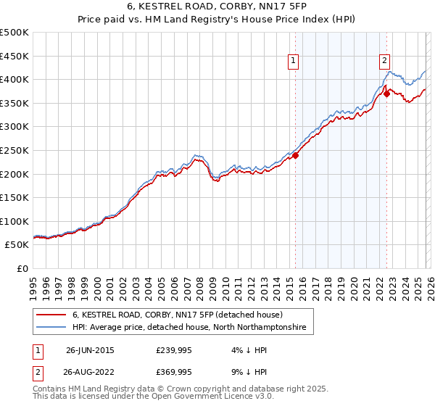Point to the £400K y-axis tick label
point(14,79)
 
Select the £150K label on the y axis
point(14,197)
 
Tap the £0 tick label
point(22,268)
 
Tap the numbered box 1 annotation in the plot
point(294,62)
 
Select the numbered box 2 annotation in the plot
point(384,62)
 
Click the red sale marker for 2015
point(296,155)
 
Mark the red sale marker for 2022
point(387,94)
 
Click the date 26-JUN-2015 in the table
point(90,349)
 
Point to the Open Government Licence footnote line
point(154,398)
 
